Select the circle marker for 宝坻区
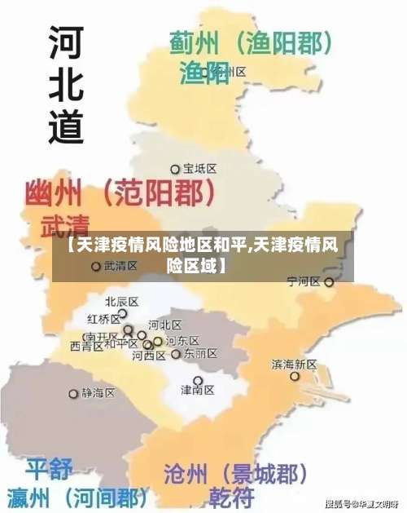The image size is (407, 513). tap(174, 169)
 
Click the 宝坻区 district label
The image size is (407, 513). tap(199, 169)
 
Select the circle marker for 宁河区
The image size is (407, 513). tap(329, 282)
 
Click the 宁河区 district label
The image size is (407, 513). tap(304, 282)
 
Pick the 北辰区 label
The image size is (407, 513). tap(122, 301)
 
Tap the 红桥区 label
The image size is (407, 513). tap(103, 318)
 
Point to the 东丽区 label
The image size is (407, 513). tap(200, 354)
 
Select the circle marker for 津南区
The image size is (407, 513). tap(197, 380)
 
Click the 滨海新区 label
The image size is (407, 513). tap(294, 364)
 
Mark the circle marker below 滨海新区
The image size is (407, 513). tap(295, 377)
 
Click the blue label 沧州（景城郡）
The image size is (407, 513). tap(235, 473)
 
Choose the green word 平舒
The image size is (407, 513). tap(48, 470)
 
